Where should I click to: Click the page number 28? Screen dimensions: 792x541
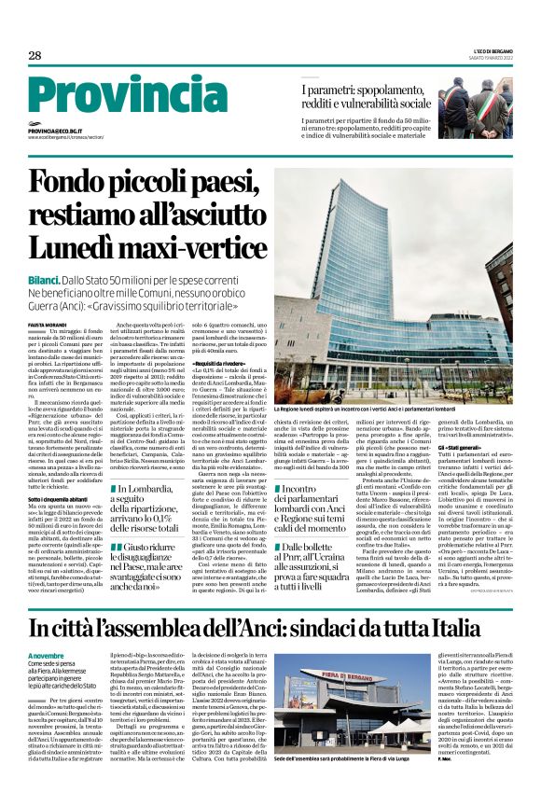click(35, 56)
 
